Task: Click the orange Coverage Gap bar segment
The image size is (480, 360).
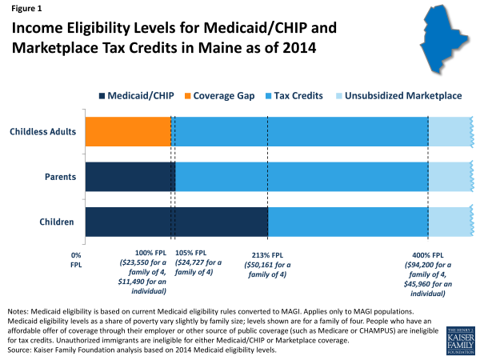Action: click(x=128, y=131)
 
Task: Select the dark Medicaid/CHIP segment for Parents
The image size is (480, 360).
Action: click(x=128, y=177)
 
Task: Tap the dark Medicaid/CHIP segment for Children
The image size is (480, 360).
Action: click(x=176, y=222)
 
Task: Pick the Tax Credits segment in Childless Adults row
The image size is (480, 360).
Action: click(x=300, y=131)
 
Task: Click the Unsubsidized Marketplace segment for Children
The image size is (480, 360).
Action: click(x=450, y=222)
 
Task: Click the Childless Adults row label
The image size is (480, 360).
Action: click(x=42, y=131)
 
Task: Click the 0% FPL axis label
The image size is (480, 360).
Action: click(x=77, y=258)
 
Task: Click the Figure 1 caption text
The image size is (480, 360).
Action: click(x=27, y=10)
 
